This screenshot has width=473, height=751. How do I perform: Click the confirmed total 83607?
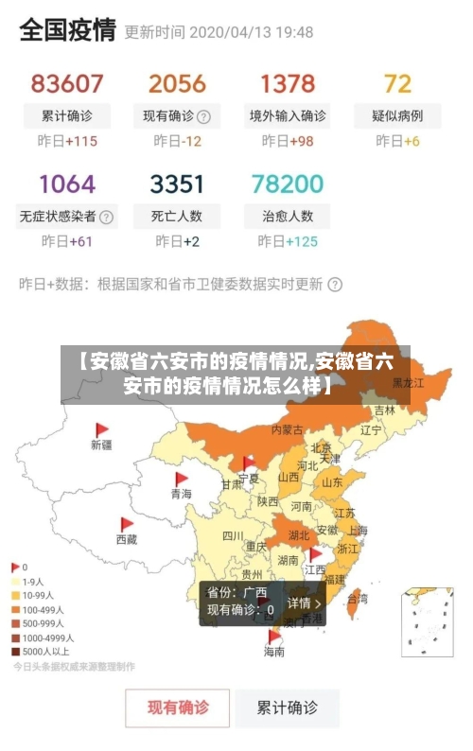(67, 83)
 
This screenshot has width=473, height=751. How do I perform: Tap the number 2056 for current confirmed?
(177, 83)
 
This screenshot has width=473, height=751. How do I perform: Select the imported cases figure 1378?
(288, 83)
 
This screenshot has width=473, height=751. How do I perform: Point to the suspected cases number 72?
(397, 83)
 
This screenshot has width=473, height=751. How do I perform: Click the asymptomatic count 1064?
(67, 183)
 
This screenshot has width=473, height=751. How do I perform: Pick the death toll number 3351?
(177, 183)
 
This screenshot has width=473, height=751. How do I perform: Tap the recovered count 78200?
(288, 183)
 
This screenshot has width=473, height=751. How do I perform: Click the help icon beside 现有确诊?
(203, 117)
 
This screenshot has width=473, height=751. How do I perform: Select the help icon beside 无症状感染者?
(107, 217)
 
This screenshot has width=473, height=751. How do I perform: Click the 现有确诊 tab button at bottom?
(177, 707)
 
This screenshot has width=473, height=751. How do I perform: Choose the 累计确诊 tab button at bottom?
(288, 707)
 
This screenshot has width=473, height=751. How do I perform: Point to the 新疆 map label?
(101, 444)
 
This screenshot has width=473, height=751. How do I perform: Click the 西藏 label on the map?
(127, 539)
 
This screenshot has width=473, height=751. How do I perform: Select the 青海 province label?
(181, 494)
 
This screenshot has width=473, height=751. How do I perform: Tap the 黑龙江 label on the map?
(409, 383)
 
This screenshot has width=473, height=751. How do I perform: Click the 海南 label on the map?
(274, 652)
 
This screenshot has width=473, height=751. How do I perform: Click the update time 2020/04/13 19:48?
(251, 31)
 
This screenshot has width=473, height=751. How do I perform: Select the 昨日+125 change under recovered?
(288, 241)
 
